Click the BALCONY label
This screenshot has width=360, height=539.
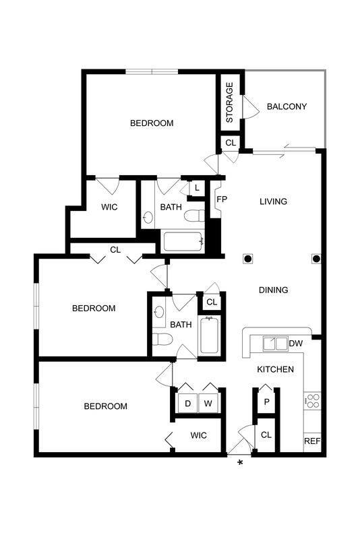[287, 106]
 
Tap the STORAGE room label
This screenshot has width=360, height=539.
[230, 102]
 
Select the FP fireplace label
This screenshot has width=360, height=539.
[220, 200]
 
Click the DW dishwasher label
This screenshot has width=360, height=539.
[295, 344]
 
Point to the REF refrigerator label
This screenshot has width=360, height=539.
[311, 442]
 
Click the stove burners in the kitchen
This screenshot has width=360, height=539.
[312, 401]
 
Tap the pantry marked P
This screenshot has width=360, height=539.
[266, 402]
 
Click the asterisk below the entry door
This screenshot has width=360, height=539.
[239, 462]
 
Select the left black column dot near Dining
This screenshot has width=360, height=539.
[248, 259]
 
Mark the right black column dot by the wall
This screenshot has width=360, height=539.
[315, 259]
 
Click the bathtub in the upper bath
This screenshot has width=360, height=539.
[182, 241]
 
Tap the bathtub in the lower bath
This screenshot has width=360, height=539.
[210, 335]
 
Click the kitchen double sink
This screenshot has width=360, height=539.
[274, 344]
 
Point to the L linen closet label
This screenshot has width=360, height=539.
[196, 189]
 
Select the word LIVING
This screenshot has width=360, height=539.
[273, 201]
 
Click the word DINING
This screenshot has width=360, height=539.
[273, 290]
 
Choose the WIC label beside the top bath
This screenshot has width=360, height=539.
[109, 208]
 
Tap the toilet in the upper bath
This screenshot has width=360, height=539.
[195, 216]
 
